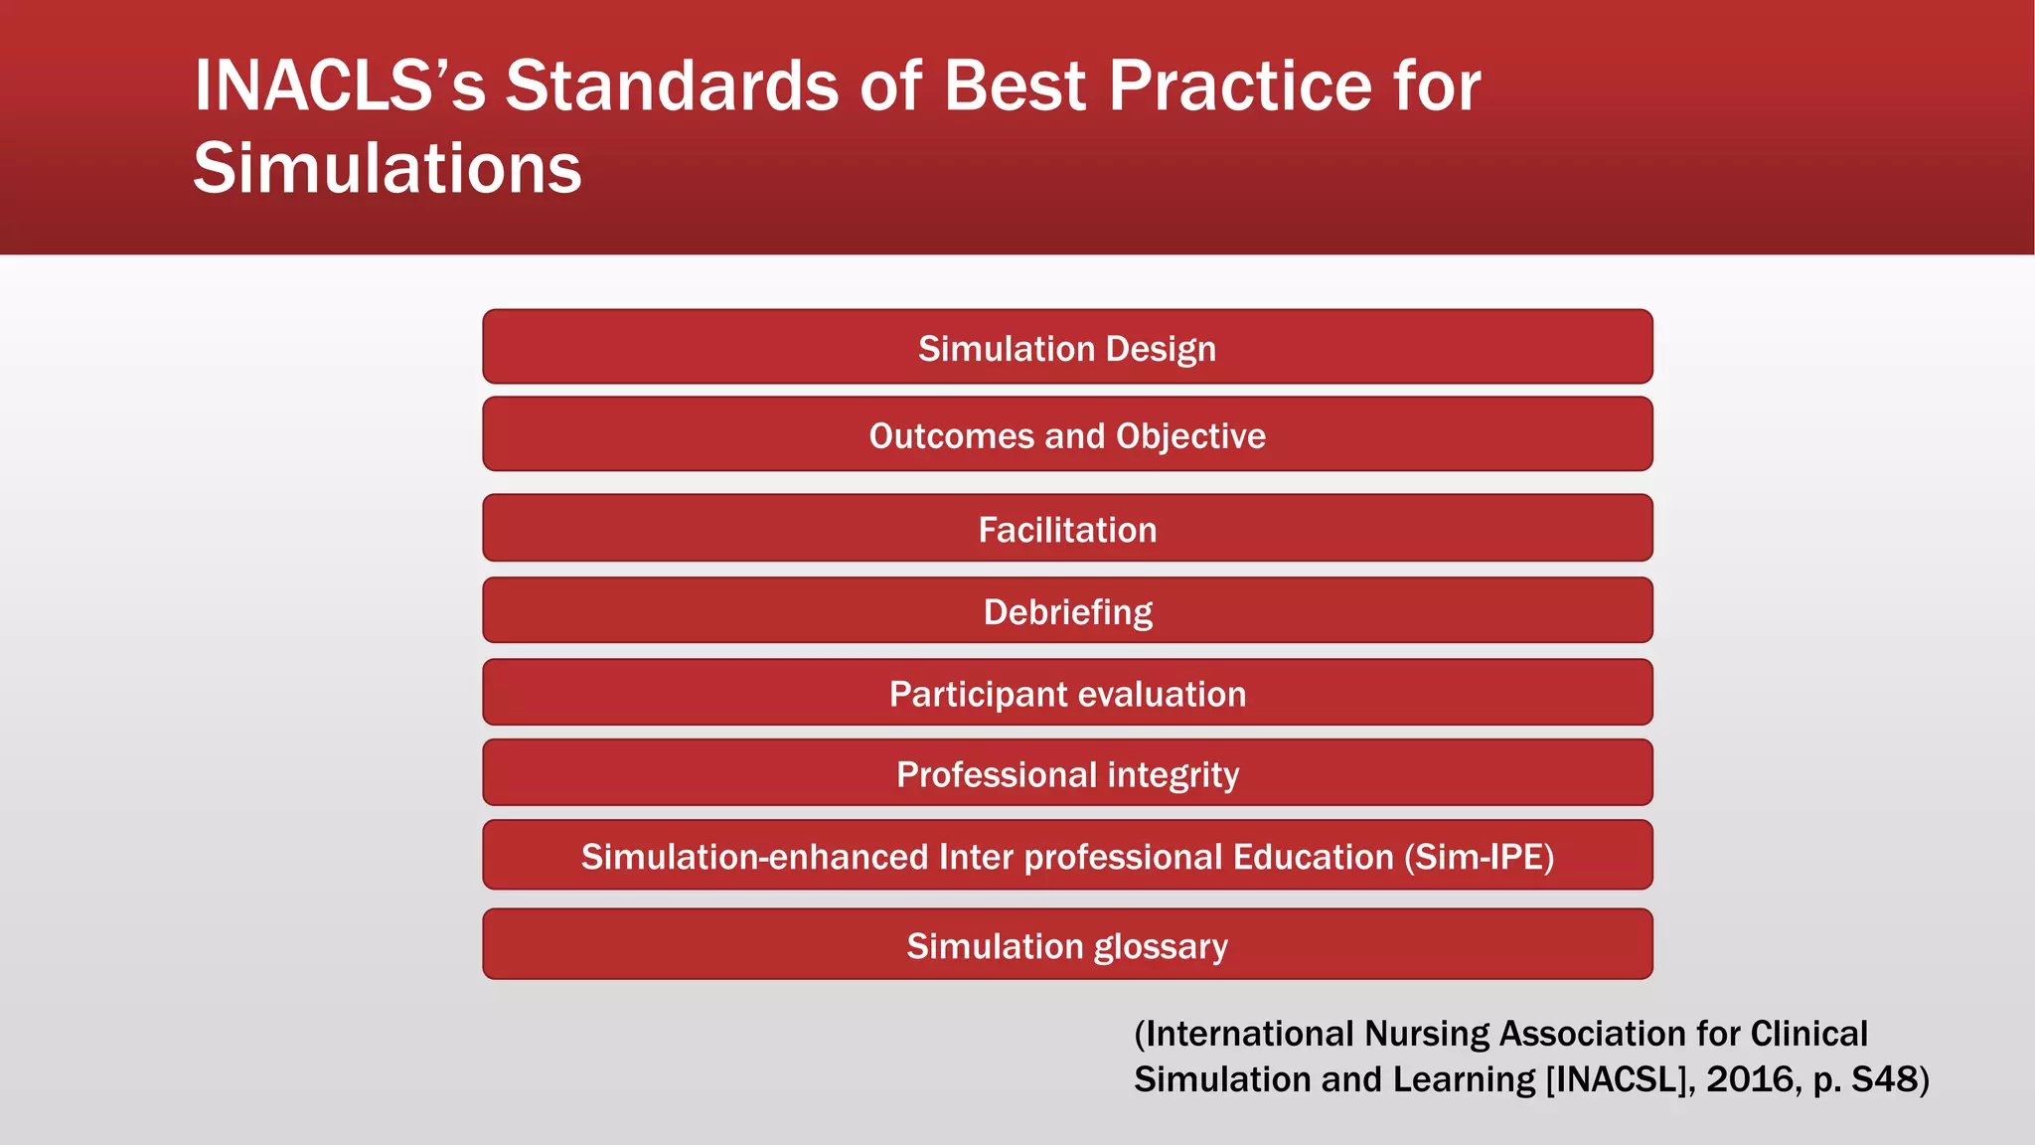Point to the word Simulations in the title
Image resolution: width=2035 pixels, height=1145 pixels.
tap(387, 168)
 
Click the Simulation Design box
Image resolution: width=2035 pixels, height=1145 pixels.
tap(1067, 348)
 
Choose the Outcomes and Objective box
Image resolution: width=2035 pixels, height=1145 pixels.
tap(1067, 435)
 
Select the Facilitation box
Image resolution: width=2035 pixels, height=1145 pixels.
tap(1067, 529)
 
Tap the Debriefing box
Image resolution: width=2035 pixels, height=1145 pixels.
tap(1067, 611)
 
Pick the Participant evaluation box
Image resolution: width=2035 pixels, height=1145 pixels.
tap(1067, 693)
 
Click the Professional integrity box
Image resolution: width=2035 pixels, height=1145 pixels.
tap(1067, 773)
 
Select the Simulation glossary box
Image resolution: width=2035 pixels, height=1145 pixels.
tap(1067, 945)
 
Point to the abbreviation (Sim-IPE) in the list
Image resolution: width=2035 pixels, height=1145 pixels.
tap(1479, 857)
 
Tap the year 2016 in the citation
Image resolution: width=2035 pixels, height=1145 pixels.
tap(1750, 1079)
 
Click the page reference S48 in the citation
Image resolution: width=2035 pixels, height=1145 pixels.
tap(1884, 1079)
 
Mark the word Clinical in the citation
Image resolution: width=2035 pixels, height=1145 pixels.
tap(1808, 1034)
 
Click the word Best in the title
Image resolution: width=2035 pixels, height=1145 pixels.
tap(1015, 85)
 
